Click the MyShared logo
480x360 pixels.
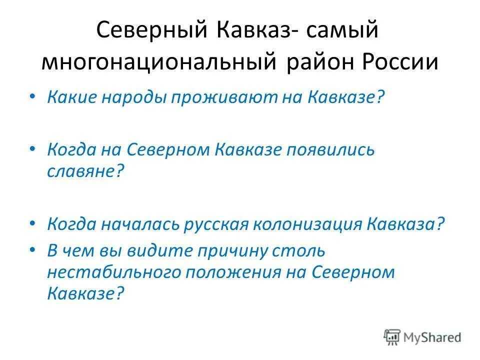click(x=422, y=336)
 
